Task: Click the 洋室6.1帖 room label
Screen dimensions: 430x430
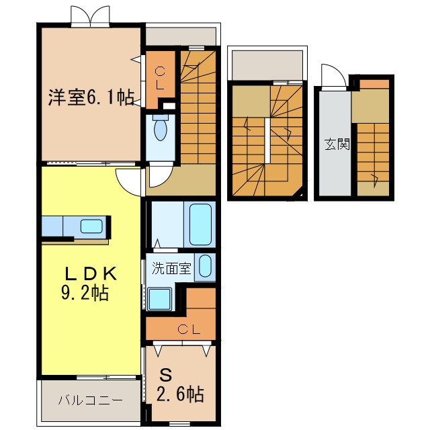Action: (90, 98)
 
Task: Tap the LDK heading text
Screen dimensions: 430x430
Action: (91, 274)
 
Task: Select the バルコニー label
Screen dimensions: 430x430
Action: (89, 401)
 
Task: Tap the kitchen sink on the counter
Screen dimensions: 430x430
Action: (91, 226)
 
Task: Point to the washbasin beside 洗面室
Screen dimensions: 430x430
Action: (205, 266)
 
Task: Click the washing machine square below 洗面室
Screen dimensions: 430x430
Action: (160, 298)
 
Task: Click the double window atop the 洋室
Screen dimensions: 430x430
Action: (90, 16)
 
